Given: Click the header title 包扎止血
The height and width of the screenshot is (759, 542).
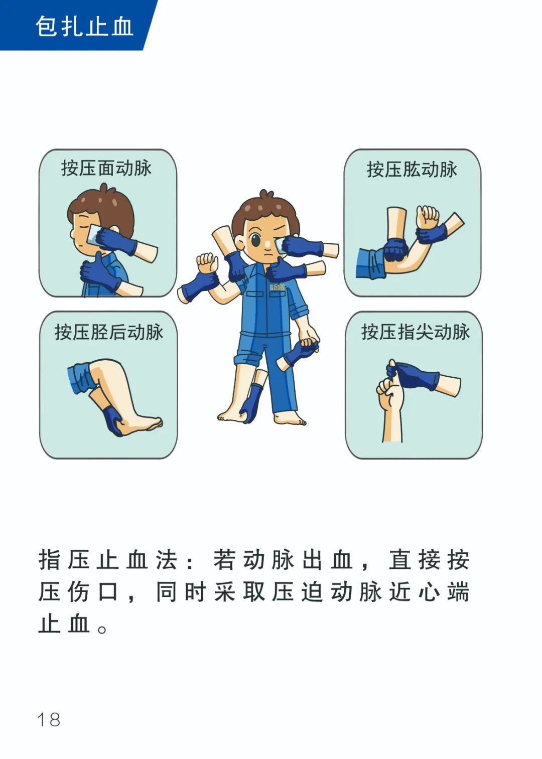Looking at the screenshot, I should (84, 26).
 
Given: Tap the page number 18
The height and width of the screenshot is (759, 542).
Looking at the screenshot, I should (49, 719).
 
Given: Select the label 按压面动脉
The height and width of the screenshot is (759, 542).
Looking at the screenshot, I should (106, 169).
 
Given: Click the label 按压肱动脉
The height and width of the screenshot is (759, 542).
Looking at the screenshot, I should (412, 170).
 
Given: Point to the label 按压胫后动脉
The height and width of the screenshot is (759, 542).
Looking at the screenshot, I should (109, 332).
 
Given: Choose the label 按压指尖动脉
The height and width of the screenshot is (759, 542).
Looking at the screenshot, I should (415, 332).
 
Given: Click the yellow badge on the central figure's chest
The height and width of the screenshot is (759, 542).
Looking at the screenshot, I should (277, 287).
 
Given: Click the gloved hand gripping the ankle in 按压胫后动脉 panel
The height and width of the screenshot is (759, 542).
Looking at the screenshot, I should (114, 421).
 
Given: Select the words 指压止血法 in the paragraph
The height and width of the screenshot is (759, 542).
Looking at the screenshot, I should (107, 560).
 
